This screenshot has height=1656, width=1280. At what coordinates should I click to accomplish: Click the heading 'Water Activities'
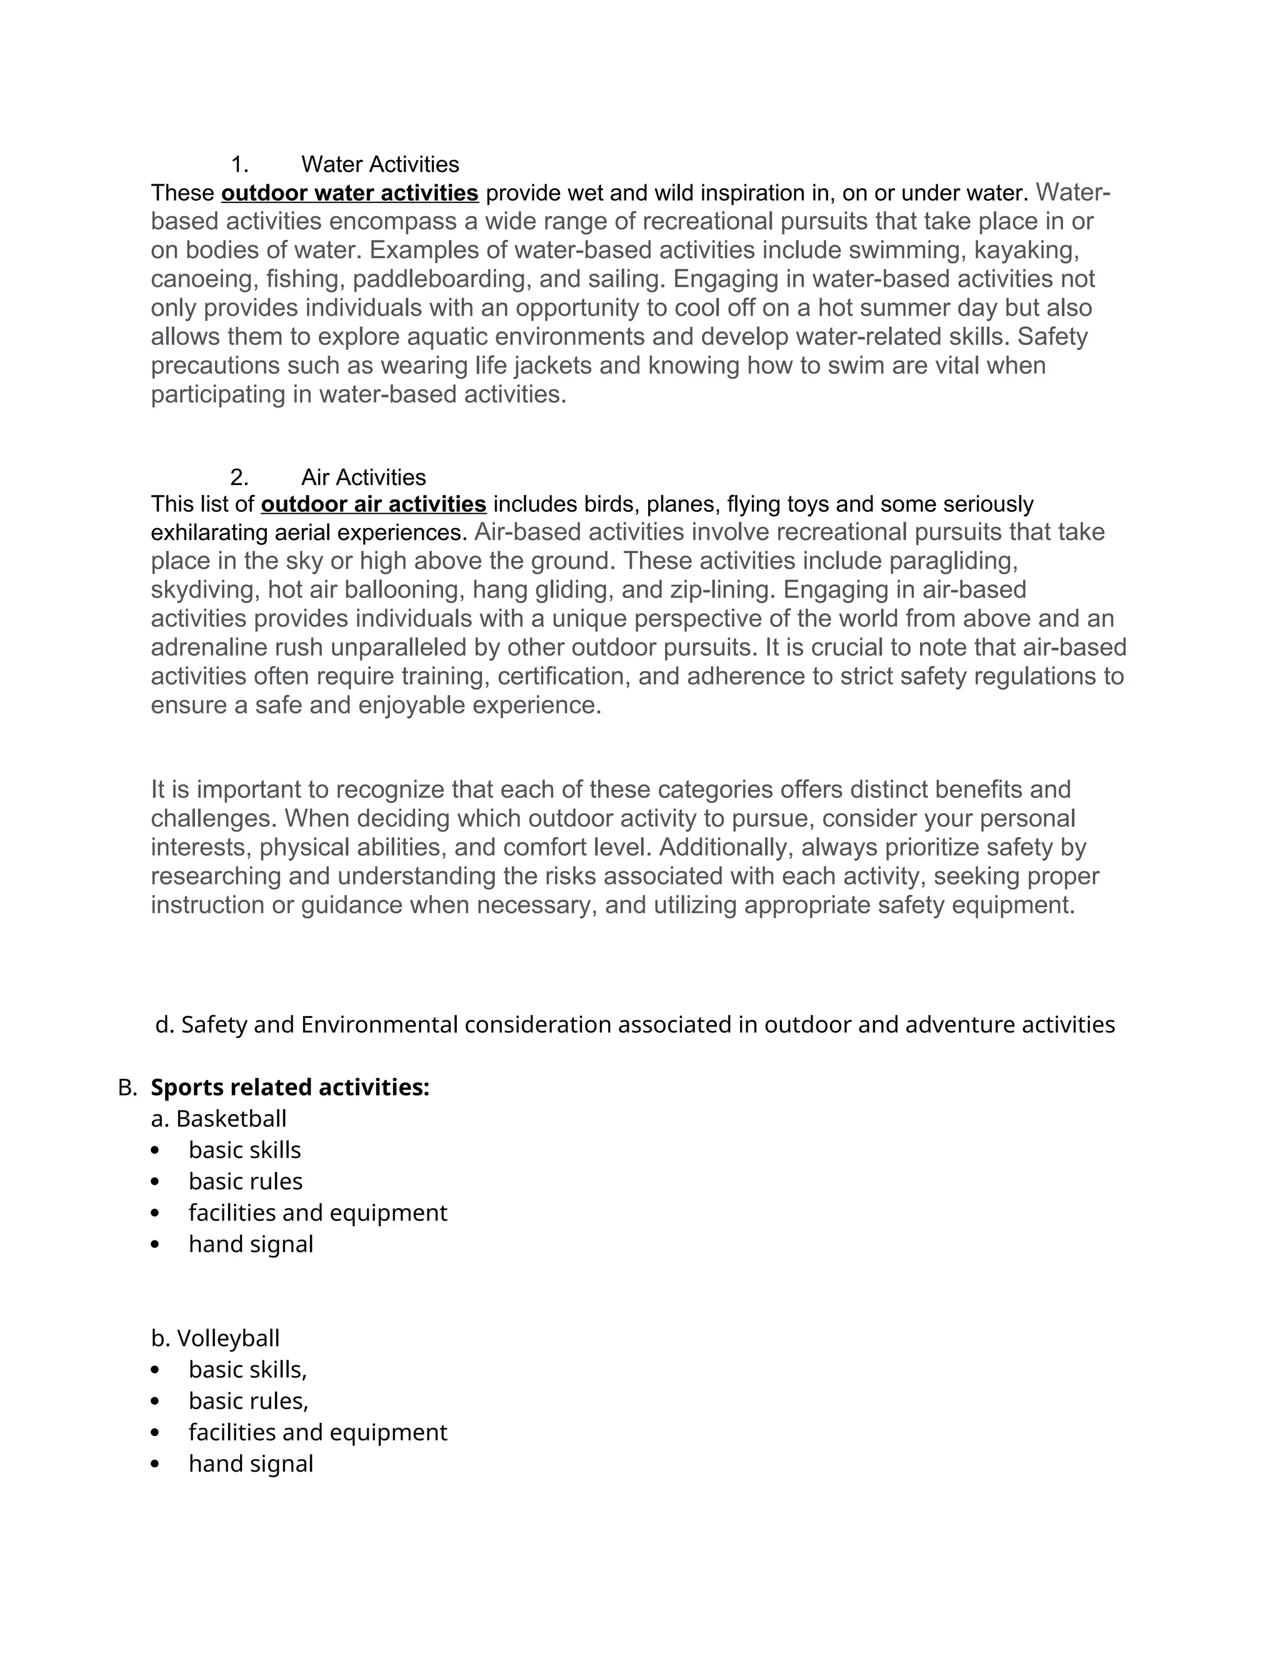coord(380,164)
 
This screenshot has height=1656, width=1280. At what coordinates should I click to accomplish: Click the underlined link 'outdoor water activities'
coord(349,193)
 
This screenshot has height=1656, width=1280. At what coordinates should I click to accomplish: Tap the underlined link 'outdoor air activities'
coord(373,504)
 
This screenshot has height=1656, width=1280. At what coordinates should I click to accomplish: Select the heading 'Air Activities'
coord(363,477)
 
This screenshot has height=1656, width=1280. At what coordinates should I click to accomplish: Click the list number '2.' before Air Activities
coord(239,477)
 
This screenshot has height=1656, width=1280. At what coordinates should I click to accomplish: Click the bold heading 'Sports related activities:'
coord(289,1087)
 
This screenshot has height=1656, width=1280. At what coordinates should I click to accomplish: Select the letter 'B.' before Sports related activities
coord(127,1088)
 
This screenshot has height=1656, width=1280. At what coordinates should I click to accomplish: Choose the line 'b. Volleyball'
coord(216,1339)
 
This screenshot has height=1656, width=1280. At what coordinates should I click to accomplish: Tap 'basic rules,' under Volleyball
coord(248,1401)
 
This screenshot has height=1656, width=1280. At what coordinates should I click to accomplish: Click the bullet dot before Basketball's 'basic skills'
coord(156,1151)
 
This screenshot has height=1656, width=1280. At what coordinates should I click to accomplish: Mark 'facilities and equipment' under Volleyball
coord(317,1432)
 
